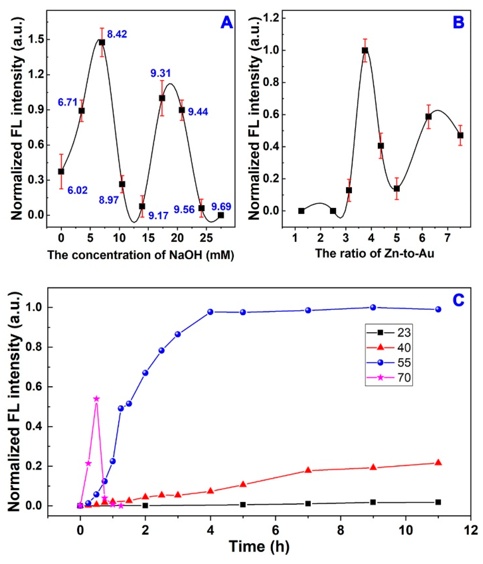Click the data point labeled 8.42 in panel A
[102, 42]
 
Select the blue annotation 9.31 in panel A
[161, 73]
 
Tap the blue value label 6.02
[77, 190]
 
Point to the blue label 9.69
[221, 207]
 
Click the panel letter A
[226, 23]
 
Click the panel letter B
[459, 23]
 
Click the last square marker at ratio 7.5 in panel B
[460, 135]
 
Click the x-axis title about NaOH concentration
[141, 255]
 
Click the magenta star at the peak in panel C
[96, 399]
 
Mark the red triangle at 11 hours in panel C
[438, 463]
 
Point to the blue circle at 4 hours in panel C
[210, 312]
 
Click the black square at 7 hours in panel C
[308, 504]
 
